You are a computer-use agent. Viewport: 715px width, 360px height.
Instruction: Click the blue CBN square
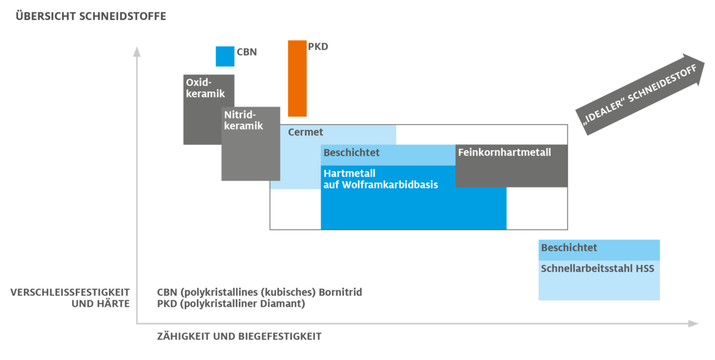pyautogui.click(x=225, y=56)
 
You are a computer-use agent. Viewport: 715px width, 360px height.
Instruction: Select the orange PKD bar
pyautogui.click(x=297, y=78)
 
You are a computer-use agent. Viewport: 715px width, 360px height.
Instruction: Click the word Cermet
pyautogui.click(x=305, y=132)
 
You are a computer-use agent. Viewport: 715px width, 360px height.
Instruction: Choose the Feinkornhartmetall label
pyautogui.click(x=504, y=152)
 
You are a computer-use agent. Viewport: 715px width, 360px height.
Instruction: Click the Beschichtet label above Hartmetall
pyautogui.click(x=351, y=153)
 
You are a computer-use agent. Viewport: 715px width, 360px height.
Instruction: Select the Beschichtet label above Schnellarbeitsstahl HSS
pyautogui.click(x=569, y=248)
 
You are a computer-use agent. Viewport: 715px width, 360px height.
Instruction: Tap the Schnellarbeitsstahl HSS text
pyautogui.click(x=597, y=268)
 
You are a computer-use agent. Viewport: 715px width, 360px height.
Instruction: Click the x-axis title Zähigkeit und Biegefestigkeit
pyautogui.click(x=239, y=336)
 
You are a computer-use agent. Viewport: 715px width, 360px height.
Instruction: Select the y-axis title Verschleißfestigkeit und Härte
pyautogui.click(x=70, y=298)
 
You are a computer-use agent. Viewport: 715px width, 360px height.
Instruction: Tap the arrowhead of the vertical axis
pyautogui.click(x=137, y=50)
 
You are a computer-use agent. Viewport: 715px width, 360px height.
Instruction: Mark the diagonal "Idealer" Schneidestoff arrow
pyautogui.click(x=640, y=94)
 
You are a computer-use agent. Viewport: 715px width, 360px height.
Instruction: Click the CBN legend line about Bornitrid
pyautogui.click(x=259, y=292)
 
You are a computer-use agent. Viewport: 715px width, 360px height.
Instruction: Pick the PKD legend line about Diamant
pyautogui.click(x=231, y=304)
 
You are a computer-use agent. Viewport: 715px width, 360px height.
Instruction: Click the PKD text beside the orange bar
pyautogui.click(x=318, y=47)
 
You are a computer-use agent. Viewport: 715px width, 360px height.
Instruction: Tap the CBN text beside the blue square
pyautogui.click(x=246, y=53)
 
